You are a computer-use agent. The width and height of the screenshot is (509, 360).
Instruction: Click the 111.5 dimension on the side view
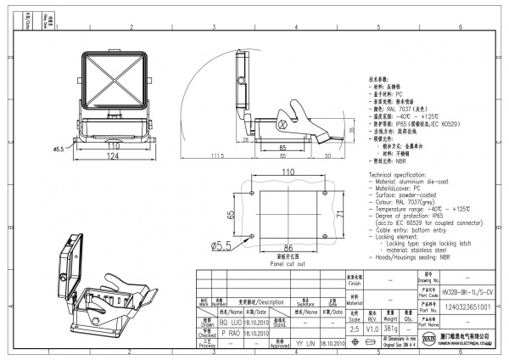218,156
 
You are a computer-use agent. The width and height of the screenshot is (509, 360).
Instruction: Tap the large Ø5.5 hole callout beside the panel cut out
222,246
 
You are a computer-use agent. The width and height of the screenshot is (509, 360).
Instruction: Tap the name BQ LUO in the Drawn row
212,323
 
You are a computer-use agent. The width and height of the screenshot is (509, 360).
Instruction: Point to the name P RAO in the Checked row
212,334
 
